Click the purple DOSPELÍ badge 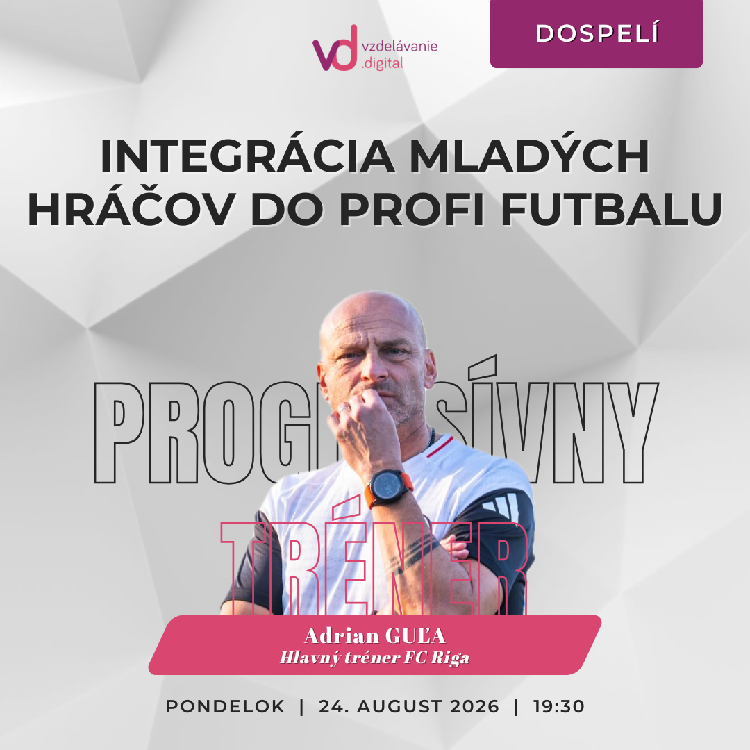click(596, 33)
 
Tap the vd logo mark click(335, 48)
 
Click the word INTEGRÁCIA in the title click(248, 156)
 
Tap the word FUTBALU click(611, 209)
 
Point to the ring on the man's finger click(344, 409)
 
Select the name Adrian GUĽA click(375, 636)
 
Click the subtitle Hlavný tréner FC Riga click(375, 658)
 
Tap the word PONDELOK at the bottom click(225, 706)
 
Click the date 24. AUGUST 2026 click(409, 706)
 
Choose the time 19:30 click(559, 706)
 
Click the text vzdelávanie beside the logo click(400, 47)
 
